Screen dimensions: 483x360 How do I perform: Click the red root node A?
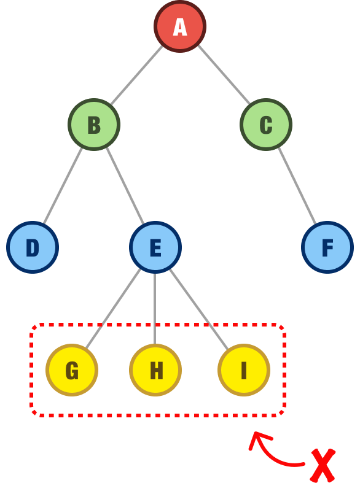tap(180, 26)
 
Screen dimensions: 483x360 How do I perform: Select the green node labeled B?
tap(94, 125)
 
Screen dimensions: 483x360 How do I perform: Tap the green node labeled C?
tap(266, 125)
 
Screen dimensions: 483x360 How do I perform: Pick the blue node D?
tap(33, 247)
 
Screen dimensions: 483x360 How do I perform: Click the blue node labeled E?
tap(155, 247)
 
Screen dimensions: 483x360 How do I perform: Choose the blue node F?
tap(327, 247)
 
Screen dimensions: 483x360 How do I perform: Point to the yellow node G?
tap(72, 370)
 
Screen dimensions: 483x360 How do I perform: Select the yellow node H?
tap(155, 370)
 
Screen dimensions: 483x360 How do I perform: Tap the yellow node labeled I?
tap(244, 370)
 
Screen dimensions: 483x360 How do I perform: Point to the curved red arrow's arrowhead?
tap(256, 438)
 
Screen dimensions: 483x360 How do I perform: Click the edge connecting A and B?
tap(137, 75)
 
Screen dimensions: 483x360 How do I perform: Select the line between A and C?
tap(223, 75)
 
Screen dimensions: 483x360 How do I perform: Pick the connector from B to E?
tap(125, 186)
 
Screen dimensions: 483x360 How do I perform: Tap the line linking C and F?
tap(297, 186)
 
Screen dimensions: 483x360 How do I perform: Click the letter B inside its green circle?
tap(94, 125)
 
